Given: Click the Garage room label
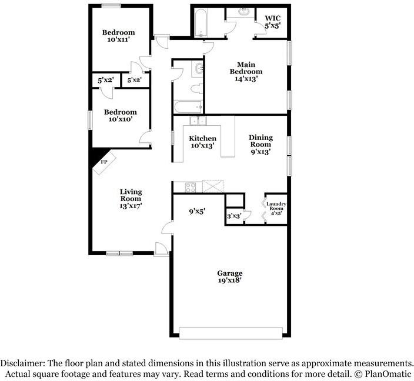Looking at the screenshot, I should point(229,277).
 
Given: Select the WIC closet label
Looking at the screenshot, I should point(272,22).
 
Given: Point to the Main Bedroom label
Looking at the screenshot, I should point(246,71).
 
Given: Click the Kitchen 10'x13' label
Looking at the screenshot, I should point(202,142).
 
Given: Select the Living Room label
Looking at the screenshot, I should point(131,199).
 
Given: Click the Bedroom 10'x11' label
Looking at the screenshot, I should point(118,36).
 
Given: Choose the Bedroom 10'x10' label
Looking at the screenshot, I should point(120,115).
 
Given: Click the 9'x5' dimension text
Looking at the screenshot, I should point(196,212).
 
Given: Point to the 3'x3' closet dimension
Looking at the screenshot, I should point(234,216).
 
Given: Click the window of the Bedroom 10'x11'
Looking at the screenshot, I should point(111,5).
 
